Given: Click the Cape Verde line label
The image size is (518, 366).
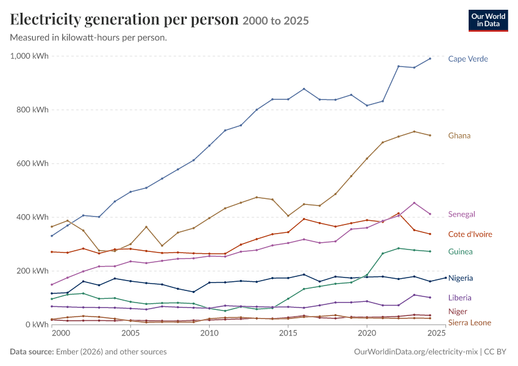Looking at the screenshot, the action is pyautogui.click(x=468, y=59).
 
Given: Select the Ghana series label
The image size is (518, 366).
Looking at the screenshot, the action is pyautogui.click(x=459, y=135).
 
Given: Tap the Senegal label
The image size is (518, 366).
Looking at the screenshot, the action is pyautogui.click(x=461, y=214).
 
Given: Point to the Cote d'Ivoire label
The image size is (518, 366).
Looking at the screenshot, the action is pyautogui.click(x=470, y=234).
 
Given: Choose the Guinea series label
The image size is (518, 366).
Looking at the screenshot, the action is pyautogui.click(x=460, y=251).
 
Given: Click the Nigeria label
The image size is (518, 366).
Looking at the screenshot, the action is pyautogui.click(x=461, y=278).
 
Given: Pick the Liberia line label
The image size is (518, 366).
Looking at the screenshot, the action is pyautogui.click(x=459, y=298).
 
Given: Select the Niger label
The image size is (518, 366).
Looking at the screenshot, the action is pyautogui.click(x=458, y=312).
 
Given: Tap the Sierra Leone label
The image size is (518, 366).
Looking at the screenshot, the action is pyautogui.click(x=469, y=323).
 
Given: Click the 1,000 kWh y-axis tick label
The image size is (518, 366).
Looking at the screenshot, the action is pyautogui.click(x=29, y=56).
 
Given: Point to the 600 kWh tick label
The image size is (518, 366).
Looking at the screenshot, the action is pyautogui.click(x=32, y=163).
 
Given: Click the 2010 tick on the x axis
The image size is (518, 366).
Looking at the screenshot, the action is pyautogui.click(x=209, y=332).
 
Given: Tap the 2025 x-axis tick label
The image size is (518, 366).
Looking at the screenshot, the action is pyautogui.click(x=436, y=332).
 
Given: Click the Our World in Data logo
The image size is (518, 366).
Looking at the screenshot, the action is pyautogui.click(x=488, y=21).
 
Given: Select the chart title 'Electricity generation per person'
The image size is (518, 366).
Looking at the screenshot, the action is pyautogui.click(x=124, y=19).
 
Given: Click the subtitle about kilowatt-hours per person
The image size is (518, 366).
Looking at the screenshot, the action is pyautogui.click(x=88, y=38).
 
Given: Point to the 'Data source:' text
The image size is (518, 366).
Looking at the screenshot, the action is pyautogui.click(x=32, y=351).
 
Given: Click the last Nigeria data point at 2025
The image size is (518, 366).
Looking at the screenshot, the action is pyautogui.click(x=445, y=278).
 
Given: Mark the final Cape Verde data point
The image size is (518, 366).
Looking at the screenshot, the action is pyautogui.click(x=430, y=59).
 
